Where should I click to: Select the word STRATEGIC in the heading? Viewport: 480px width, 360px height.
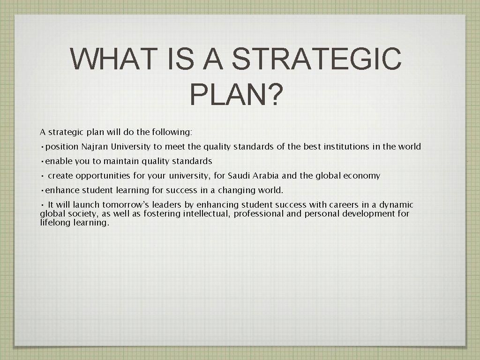316,59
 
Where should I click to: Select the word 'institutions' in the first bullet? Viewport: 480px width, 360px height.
346,147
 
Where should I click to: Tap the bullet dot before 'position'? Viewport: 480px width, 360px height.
42,147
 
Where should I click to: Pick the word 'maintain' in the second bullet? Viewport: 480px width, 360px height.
121,161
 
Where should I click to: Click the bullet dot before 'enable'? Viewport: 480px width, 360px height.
42,161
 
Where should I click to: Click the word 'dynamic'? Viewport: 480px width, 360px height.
396,205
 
